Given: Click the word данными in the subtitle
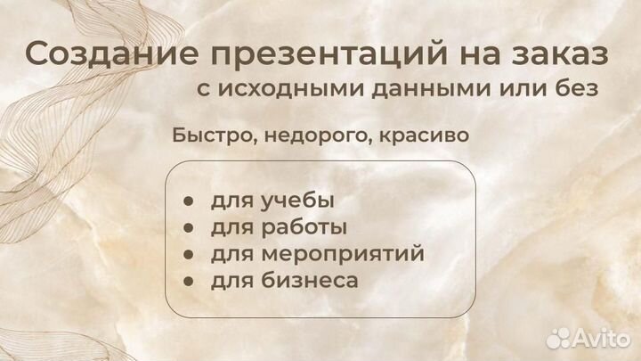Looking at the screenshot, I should coord(404,90).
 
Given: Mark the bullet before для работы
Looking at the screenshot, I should coord(189,228).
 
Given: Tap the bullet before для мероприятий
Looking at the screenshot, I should coord(189,255).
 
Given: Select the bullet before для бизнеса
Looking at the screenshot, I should coord(189,282).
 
